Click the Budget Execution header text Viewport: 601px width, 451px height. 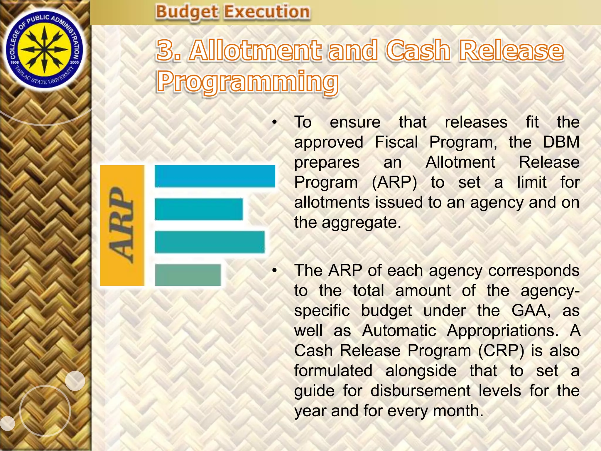tap(233, 12)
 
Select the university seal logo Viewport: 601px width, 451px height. tap(45, 50)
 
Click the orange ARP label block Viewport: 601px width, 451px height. tap(122, 225)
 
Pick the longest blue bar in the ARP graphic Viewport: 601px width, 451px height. tap(215, 176)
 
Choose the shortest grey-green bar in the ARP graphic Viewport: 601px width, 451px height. tap(188, 275)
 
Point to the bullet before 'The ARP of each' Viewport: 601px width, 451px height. tap(274, 271)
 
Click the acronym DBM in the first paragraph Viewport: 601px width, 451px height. tap(561, 142)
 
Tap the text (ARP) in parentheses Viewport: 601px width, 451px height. tap(394, 182)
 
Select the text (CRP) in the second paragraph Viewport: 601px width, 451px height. tap(501, 351)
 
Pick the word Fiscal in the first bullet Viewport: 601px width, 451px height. tap(396, 142)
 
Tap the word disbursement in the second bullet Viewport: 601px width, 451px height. tap(421, 391)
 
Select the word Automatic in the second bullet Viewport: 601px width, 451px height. tap(399, 331)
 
